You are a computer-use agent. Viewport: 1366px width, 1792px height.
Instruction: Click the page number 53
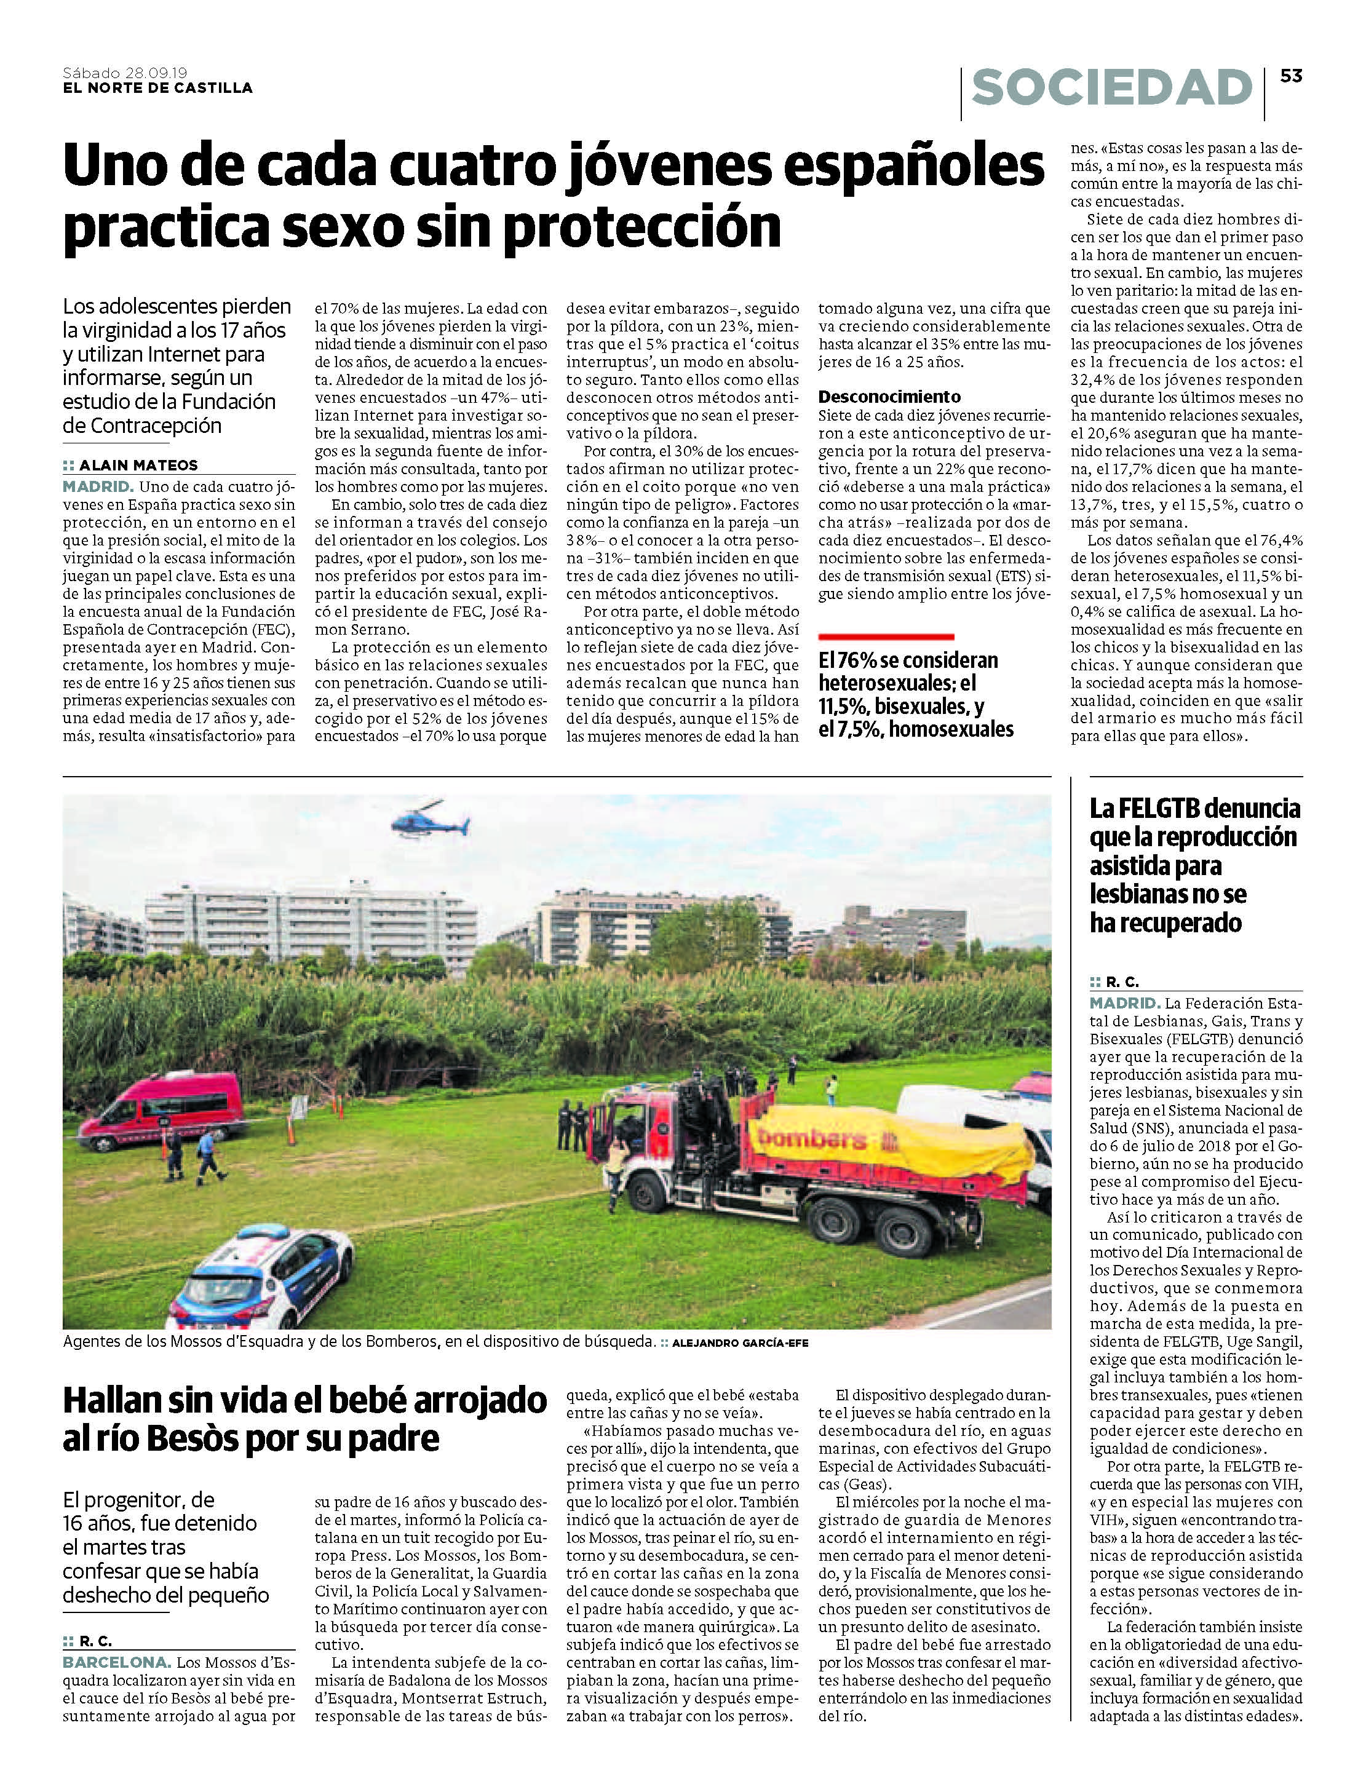1291,76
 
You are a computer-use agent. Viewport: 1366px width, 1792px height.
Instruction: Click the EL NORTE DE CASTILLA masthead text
157,88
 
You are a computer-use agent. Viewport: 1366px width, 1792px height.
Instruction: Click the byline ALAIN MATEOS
138,465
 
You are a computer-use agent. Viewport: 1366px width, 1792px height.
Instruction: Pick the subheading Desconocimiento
889,397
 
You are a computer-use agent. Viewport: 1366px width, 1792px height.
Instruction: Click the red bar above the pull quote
886,636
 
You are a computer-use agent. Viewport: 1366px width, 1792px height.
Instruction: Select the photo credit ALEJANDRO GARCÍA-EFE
740,1343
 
